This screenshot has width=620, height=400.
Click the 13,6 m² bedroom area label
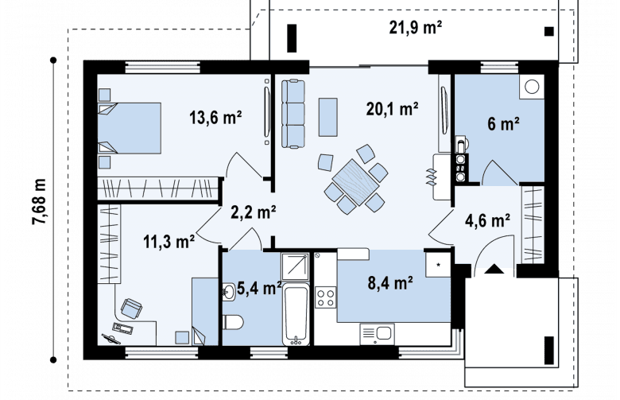215,118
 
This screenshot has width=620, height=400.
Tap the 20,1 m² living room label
392,109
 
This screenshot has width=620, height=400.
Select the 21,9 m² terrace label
415,28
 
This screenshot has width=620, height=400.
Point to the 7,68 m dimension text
40,202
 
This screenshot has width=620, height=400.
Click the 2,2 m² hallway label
254,212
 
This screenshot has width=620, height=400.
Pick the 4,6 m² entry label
487,220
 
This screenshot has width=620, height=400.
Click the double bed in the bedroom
130,128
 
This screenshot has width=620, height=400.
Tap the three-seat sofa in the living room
293,114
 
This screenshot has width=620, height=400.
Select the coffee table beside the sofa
327,117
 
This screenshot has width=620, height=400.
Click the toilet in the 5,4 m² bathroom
233,321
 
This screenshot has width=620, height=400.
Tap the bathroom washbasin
229,293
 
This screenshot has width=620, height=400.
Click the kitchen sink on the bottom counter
378,334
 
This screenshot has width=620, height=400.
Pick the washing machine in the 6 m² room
532,87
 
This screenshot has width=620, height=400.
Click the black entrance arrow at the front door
494,269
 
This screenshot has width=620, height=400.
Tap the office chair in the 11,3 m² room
131,308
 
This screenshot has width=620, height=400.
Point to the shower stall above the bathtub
295,266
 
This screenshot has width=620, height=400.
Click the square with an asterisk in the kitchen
438,264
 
